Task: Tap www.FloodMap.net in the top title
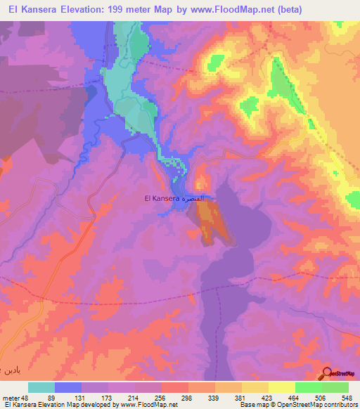click(262, 9)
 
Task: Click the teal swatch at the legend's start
click(41, 387)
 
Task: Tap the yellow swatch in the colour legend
click(281, 387)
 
